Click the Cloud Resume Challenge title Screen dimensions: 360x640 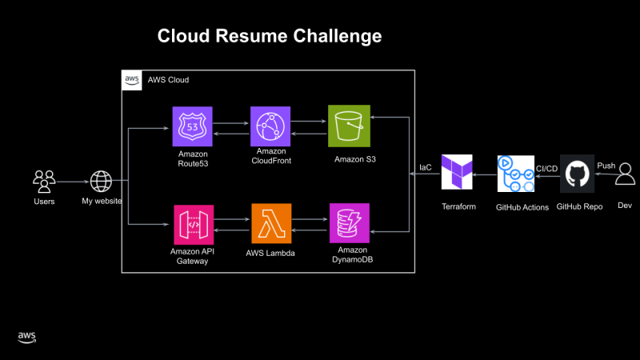click(269, 36)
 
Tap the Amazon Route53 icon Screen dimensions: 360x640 click(193, 126)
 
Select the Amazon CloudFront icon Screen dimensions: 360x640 click(270, 126)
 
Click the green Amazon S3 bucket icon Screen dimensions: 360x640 click(349, 126)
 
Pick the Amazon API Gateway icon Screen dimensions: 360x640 click(193, 224)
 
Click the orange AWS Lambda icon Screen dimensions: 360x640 click(270, 224)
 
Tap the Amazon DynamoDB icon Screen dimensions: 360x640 click(349, 224)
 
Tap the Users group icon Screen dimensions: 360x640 click(44, 179)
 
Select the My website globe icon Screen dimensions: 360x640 click(101, 180)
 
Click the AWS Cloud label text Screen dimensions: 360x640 click(168, 80)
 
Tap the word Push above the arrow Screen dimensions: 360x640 click(606, 166)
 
